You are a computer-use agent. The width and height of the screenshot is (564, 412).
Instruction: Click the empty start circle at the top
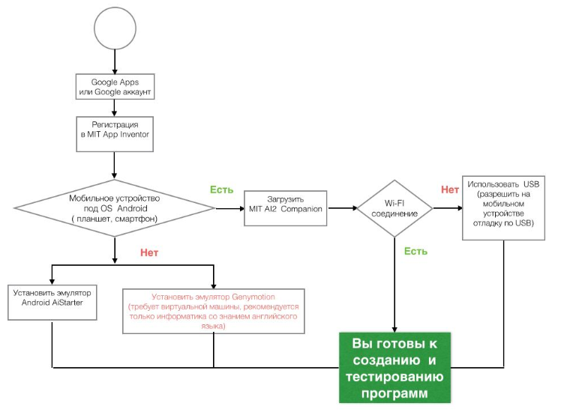115,28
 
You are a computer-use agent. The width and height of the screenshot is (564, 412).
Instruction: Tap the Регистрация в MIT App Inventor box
115,132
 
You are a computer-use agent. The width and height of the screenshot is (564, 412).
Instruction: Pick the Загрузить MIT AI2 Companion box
285,204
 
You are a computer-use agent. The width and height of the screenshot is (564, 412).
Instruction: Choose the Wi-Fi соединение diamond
394,207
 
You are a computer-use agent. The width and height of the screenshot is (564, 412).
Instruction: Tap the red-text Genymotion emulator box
214,311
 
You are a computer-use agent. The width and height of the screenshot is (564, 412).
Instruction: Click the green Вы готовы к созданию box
394,367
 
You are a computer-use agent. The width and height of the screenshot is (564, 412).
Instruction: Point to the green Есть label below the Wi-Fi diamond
415,251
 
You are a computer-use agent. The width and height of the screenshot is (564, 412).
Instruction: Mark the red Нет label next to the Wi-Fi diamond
450,190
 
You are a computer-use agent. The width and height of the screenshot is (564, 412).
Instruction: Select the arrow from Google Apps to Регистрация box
115,107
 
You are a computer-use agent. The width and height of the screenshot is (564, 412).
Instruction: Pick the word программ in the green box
394,392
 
